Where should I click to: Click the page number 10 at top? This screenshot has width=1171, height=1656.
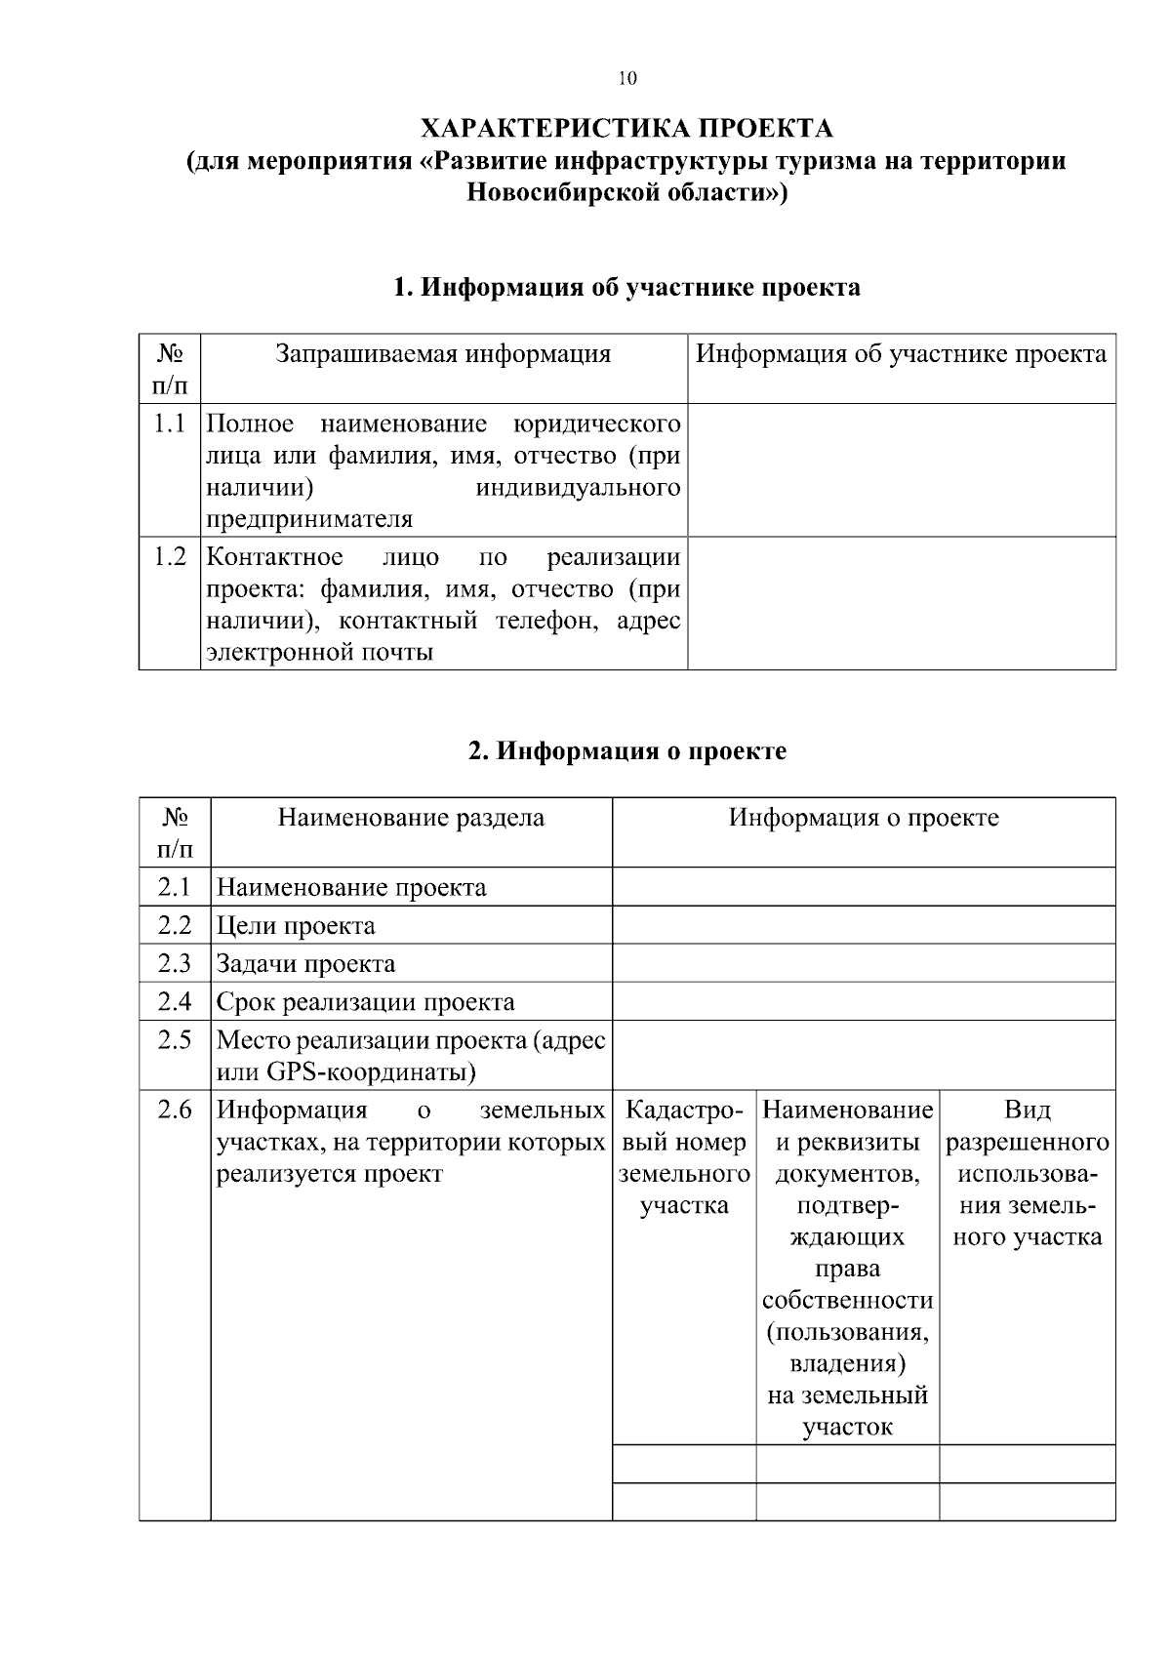pyautogui.click(x=627, y=79)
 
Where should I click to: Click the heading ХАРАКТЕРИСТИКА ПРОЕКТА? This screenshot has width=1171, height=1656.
pyautogui.click(x=626, y=129)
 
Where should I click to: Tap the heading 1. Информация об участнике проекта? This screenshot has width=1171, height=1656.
pyautogui.click(x=626, y=287)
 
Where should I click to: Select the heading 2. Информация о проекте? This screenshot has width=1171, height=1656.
pyautogui.click(x=626, y=751)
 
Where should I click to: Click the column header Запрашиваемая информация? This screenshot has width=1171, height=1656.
pyautogui.click(x=443, y=354)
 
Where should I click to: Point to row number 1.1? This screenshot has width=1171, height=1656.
pyautogui.click(x=170, y=424)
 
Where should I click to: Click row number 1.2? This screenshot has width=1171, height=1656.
pyautogui.click(x=170, y=557)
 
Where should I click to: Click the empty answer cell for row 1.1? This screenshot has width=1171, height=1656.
pyautogui.click(x=901, y=470)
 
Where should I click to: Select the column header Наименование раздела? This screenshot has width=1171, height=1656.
pyautogui.click(x=411, y=818)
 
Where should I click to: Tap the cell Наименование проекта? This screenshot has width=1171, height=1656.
pyautogui.click(x=351, y=888)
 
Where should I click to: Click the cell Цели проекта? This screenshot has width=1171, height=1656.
pyautogui.click(x=296, y=926)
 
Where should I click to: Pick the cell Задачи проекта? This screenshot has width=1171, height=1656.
pyautogui.click(x=305, y=964)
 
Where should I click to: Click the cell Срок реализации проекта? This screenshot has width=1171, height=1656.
pyautogui.click(x=365, y=1002)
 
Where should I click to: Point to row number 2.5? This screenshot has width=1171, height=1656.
pyautogui.click(x=175, y=1040)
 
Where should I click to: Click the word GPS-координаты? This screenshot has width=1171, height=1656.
pyautogui.click(x=370, y=1073)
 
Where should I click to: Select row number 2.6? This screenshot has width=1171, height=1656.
pyautogui.click(x=175, y=1111)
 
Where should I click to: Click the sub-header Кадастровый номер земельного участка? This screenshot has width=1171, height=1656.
pyautogui.click(x=684, y=1157)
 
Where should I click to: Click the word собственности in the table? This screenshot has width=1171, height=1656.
pyautogui.click(x=847, y=1301)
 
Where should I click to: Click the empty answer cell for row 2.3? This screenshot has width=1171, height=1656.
pyautogui.click(x=863, y=964)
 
